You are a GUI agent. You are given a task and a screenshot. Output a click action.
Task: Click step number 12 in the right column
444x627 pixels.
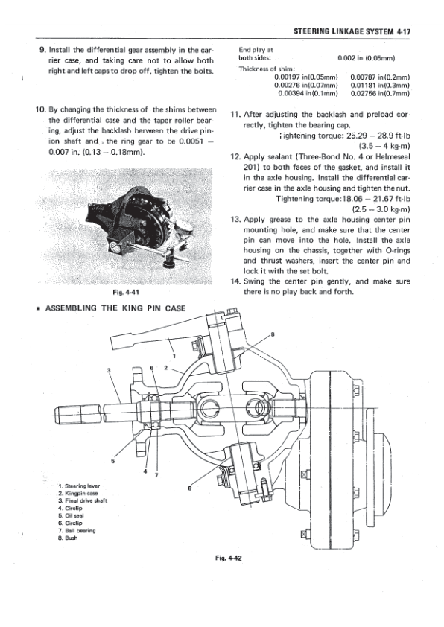click(x=236, y=158)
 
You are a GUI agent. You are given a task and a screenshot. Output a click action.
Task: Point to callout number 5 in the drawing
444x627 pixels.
click(x=113, y=459)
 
